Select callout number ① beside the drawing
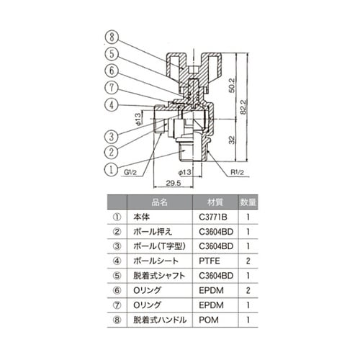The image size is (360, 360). coord(110,170)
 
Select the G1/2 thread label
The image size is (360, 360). coord(132,173)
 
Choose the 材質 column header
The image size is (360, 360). coord(216,203)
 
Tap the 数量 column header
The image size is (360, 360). coord(247,203)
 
